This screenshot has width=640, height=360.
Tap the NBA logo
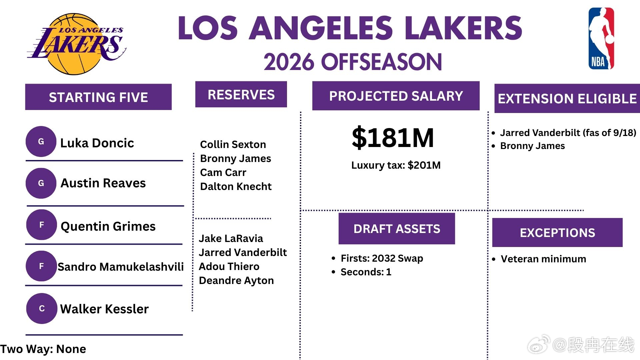[x=601, y=38]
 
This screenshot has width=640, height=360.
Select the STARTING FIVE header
[x=98, y=97]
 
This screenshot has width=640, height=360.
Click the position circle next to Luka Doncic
[x=41, y=142]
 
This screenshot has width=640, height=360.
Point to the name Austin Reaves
[x=103, y=183]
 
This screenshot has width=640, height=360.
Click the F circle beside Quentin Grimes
[x=42, y=225]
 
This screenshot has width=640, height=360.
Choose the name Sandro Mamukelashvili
[x=121, y=266]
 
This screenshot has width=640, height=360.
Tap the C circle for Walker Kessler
[x=42, y=308]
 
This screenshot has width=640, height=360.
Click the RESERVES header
[x=241, y=94]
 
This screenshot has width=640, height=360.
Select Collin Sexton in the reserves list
[x=233, y=144]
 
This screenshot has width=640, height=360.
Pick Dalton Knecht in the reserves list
[x=236, y=186]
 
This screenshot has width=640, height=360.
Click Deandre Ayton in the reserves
[x=236, y=280]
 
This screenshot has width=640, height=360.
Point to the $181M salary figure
[x=393, y=137]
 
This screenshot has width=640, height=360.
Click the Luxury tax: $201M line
[x=396, y=165]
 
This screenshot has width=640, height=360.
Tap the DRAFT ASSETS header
[x=397, y=229]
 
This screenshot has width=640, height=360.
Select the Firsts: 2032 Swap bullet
[x=382, y=258]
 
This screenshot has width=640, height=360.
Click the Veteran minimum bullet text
[x=543, y=259]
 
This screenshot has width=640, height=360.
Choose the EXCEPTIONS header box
[x=557, y=233]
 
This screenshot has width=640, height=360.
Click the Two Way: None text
[x=43, y=349]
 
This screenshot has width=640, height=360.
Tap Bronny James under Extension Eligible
[x=532, y=146]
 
